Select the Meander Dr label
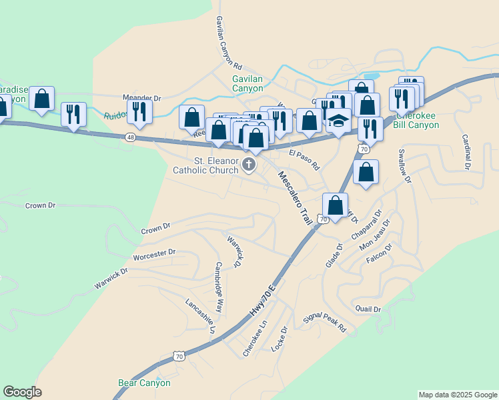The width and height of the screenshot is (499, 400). pos(141,98)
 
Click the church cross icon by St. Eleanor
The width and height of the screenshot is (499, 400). pos(249,165)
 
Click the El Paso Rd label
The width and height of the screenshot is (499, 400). pos(304,160)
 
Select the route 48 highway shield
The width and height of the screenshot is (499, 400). pos(129,137)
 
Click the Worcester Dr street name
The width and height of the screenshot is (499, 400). pos(153,253)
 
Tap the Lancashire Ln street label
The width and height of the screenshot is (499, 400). pos(201,315)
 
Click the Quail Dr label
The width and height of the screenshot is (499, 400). pos(368,309)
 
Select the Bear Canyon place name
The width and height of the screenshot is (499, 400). pos(144,383)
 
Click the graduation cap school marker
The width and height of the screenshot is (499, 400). pos(339,121)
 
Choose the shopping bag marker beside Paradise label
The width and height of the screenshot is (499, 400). pos(42,99)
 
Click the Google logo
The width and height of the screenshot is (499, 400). pos(22,392)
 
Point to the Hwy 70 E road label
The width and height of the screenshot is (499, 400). pos(262,299)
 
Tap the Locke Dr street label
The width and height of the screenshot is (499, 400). pos(279,339)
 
